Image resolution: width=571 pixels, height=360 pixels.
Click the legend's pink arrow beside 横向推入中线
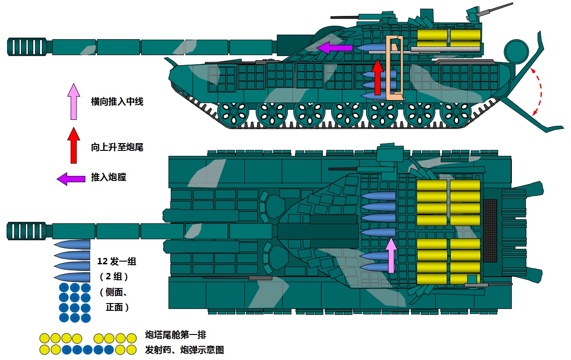(x=73, y=102)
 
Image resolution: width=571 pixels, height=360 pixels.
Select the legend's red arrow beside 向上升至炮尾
(x=73, y=146)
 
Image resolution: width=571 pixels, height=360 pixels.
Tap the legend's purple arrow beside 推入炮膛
(x=71, y=179)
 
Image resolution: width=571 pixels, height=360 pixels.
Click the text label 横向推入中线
(x=117, y=102)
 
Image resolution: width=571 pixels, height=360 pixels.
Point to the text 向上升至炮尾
(x=117, y=147)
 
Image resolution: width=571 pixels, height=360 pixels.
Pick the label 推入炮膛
(x=108, y=177)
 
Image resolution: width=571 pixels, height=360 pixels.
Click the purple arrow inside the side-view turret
(x=335, y=47)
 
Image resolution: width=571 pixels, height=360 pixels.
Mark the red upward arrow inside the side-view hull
(x=377, y=77)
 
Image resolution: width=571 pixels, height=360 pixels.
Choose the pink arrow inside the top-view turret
(x=391, y=255)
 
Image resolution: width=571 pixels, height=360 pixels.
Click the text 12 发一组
(x=117, y=262)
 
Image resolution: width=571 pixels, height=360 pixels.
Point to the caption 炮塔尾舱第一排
(x=175, y=335)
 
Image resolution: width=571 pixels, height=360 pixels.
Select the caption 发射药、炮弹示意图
(x=184, y=350)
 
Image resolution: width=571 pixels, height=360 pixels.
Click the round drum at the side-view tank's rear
(x=516, y=51)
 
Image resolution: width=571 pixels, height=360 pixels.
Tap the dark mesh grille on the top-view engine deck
(x=490, y=231)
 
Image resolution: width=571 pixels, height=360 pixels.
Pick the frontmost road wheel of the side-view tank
(x=234, y=114)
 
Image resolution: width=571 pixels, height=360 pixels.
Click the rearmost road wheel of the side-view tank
(x=455, y=114)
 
